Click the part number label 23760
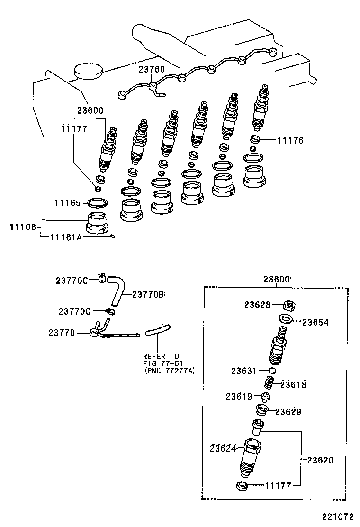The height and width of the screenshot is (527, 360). pyautogui.click(x=152, y=70)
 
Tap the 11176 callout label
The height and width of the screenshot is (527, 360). pyautogui.click(x=290, y=140)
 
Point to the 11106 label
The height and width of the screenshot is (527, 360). pyautogui.click(x=23, y=227)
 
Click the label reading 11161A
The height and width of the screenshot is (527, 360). pyautogui.click(x=66, y=237)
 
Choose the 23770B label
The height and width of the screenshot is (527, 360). pyautogui.click(x=148, y=294)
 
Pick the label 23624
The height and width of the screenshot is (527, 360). pyautogui.click(x=223, y=448)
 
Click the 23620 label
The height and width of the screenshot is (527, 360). pyautogui.click(x=320, y=460)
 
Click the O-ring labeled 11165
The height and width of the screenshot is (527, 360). pyautogui.click(x=97, y=203)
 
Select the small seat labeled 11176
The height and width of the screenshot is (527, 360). pyautogui.click(x=256, y=140)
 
